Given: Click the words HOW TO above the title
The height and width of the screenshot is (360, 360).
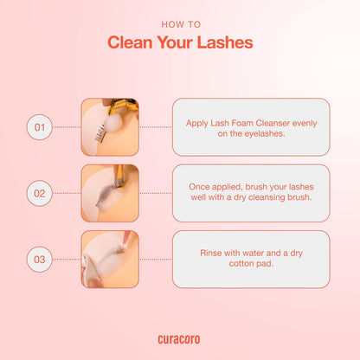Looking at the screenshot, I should coord(179,24).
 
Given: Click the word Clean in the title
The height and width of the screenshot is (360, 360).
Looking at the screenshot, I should coord(135,43).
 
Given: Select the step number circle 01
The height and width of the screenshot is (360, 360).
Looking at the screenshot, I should coord(38,127).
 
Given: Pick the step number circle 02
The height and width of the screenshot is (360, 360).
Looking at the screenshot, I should coord(38,193).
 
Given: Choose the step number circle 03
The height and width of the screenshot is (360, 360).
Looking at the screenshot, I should coord(38,259).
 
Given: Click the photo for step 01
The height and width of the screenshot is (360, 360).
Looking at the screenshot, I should coord(110,127).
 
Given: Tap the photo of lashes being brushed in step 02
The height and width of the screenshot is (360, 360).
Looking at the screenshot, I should coord(110,193).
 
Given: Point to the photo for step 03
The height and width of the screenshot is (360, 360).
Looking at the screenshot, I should coord(110,259).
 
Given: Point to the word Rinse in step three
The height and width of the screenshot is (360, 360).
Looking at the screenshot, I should coord(213,253).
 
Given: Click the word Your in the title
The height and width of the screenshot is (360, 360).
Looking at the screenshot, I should coord(180,43).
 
